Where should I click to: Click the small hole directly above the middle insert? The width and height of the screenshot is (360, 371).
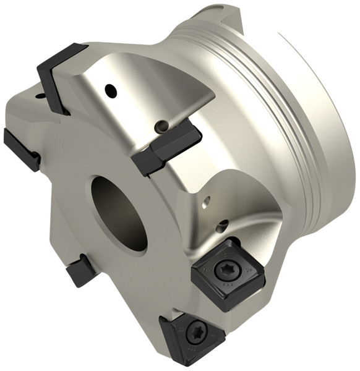pyautogui.click(x=162, y=127)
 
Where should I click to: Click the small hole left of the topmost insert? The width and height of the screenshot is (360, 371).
pyautogui.click(x=38, y=96)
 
